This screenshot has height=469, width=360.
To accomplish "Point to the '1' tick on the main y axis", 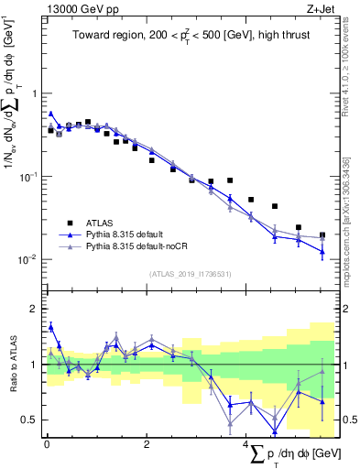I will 34,94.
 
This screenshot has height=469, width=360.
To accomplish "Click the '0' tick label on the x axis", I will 47,444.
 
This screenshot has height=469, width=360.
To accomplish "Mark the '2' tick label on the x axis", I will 147,444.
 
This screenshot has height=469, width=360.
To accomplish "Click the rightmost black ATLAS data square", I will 322,235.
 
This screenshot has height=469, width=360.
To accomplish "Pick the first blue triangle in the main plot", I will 50,114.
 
